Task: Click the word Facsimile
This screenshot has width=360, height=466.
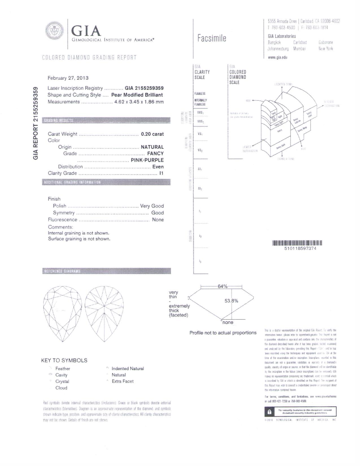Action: (212, 38)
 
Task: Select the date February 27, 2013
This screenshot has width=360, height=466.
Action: (68, 78)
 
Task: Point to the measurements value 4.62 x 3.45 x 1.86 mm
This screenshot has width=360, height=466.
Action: (139, 102)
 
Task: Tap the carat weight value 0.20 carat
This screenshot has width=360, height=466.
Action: (152, 134)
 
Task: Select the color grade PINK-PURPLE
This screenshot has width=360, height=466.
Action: (147, 160)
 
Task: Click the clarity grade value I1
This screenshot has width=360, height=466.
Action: (161, 173)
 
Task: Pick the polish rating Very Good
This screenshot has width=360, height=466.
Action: (152, 206)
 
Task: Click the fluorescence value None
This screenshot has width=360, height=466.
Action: (158, 219)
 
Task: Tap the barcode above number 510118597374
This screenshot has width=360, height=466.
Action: (297, 243)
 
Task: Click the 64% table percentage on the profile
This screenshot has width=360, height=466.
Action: (222, 286)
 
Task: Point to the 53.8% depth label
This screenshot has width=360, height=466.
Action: (231, 301)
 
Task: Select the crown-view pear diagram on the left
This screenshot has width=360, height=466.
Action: (62, 314)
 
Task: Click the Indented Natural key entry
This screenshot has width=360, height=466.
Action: (128, 369)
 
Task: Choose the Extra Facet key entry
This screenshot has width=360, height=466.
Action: (123, 381)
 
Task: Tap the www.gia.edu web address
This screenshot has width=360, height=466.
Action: (277, 57)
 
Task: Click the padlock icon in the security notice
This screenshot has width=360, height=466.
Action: (269, 412)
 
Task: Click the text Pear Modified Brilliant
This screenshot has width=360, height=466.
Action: (137, 95)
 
